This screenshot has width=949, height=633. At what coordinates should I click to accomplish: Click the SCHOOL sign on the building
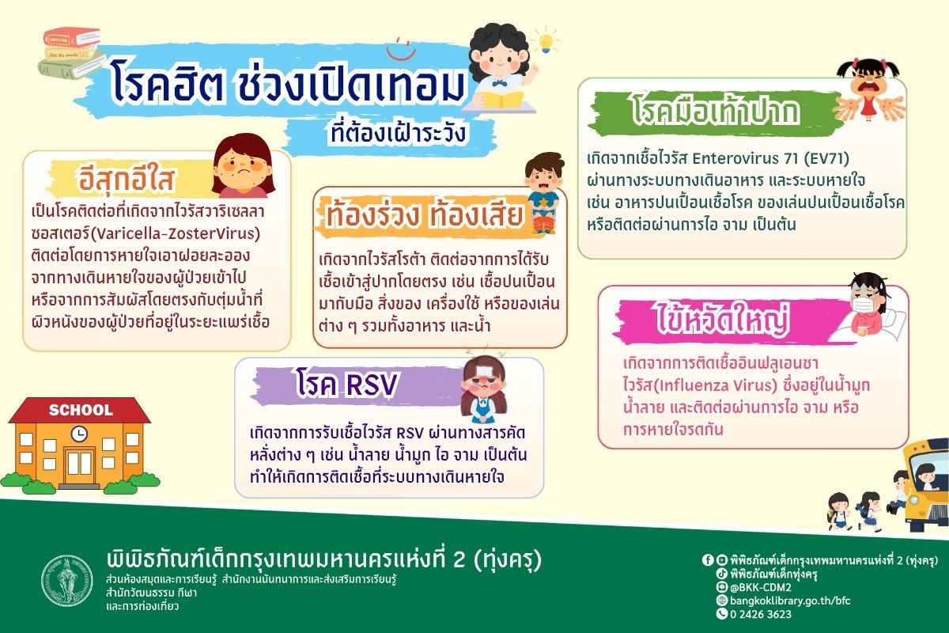(x=81, y=410)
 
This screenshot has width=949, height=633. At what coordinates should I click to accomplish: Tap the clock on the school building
(x=79, y=434)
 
